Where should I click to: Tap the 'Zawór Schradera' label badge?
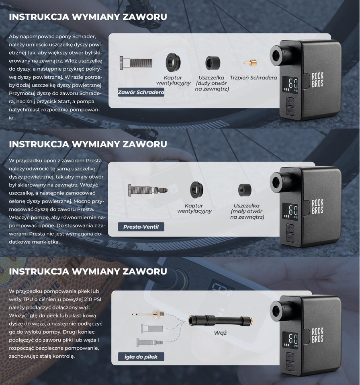[141, 92]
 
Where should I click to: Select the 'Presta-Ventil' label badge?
[141, 227]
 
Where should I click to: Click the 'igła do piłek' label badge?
[141, 357]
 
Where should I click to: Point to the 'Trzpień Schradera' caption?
[253, 78]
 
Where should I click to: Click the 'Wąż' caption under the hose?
[220, 333]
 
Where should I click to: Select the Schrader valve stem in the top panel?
[136, 63]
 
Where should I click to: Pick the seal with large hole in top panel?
[213, 63]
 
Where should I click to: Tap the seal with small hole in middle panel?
[245, 190]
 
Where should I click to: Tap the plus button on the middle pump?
[290, 228]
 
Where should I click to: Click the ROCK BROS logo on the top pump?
[317, 80]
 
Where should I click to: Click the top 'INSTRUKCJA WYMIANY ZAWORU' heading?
[88, 17]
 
